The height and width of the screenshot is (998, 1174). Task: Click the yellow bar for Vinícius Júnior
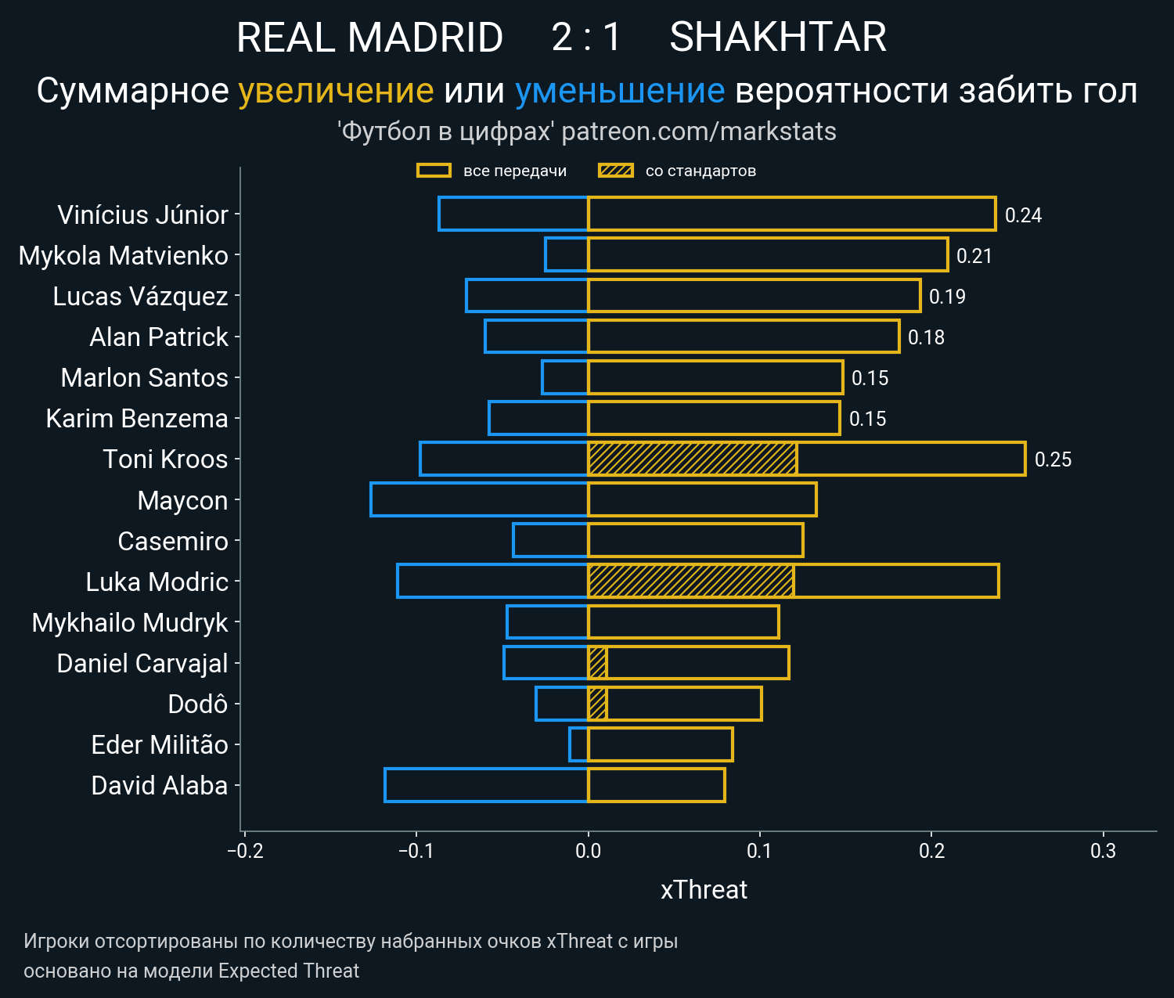point(791,214)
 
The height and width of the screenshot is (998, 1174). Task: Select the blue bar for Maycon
point(479,499)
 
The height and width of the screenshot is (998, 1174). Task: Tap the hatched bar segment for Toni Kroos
point(692,459)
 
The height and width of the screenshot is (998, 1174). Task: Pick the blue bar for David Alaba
point(486,785)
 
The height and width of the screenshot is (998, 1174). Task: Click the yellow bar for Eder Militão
point(660,744)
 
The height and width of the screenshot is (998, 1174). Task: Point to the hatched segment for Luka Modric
point(690,581)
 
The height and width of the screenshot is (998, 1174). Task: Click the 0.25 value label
point(1053,459)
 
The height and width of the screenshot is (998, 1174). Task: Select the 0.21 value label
point(974,256)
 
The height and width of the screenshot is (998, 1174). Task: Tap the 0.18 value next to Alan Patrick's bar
point(926,337)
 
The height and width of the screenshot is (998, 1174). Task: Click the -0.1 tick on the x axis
point(416,851)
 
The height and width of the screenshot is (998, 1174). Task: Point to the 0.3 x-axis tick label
point(1103,851)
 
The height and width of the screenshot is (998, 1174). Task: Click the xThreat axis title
point(704,890)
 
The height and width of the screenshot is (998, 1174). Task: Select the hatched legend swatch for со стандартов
point(615,171)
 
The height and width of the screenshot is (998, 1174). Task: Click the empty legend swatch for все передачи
point(434,171)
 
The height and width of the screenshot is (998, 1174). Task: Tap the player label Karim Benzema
point(137,419)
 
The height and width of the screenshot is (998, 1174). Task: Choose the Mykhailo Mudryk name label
point(130,622)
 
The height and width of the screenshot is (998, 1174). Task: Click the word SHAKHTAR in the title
point(778,37)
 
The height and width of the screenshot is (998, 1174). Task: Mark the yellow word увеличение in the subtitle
point(336,91)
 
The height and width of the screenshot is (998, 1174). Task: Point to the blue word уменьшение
point(620,91)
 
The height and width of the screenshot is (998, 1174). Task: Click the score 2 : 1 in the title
point(586,37)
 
